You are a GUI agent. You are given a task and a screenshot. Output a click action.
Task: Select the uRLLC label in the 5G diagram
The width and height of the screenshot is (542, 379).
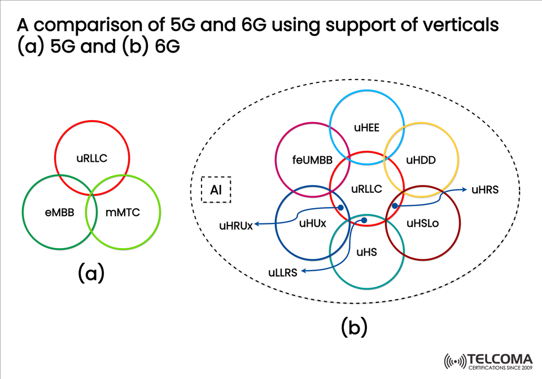point(92,158)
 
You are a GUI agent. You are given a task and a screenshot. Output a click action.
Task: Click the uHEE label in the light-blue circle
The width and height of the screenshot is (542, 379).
point(367,128)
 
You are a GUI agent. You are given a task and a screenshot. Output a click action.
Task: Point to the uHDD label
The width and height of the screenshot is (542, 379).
point(421,160)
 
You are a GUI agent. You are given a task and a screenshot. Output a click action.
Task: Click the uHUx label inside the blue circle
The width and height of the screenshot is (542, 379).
point(313,223)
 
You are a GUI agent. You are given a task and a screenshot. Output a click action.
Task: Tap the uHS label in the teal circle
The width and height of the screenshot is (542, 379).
point(367,252)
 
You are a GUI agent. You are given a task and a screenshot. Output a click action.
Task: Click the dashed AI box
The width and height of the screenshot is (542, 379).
point(216,190)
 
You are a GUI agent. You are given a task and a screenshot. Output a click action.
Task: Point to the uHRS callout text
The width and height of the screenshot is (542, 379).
point(485,190)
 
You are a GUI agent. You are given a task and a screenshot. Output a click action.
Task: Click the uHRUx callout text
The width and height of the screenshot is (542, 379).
point(236,227)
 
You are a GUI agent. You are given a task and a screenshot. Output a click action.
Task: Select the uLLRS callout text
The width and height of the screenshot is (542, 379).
point(283,273)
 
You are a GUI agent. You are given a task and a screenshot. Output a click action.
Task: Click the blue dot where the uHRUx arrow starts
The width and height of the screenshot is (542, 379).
point(340,208)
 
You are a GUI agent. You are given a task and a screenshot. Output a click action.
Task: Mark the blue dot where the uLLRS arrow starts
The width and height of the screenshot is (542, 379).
point(364,220)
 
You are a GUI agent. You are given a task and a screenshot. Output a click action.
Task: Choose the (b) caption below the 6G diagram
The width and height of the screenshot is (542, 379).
point(355,327)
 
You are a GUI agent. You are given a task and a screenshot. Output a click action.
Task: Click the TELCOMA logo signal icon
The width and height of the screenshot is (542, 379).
point(456,360)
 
